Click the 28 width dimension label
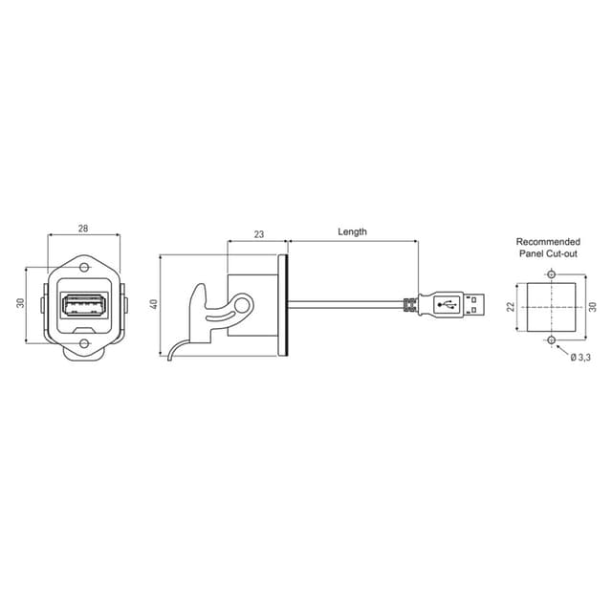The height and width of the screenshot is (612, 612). [83, 229]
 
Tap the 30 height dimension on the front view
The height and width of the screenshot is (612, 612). [20, 302]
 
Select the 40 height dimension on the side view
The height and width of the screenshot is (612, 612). [154, 304]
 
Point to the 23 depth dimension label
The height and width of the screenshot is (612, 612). [259, 234]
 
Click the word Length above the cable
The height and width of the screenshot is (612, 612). [353, 231]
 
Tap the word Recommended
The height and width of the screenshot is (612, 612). [548, 242]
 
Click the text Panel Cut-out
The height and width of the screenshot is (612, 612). [548, 253]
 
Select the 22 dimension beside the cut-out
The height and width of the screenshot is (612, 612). [511, 307]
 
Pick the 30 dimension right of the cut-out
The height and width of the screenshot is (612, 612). [593, 307]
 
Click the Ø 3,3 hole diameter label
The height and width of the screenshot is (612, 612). [580, 357]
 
